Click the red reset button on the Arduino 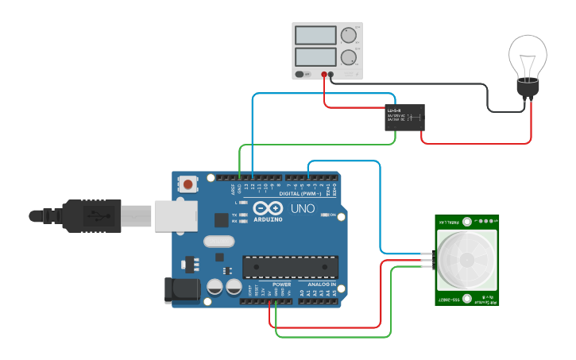[187, 184]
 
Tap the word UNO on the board [302, 209]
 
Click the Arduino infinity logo [267, 208]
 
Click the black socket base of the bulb [528, 90]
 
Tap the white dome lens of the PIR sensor [467, 261]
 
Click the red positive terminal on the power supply [324, 75]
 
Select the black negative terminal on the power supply [331, 75]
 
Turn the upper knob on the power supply [347, 35]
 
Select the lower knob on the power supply [347, 56]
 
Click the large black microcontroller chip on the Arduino [290, 268]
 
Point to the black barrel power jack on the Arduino [180, 290]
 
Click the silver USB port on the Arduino [176, 215]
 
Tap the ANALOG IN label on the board [321, 284]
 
